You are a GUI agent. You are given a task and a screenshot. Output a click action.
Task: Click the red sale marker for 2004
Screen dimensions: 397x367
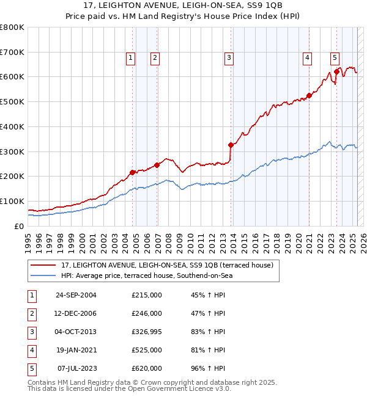click(133, 172)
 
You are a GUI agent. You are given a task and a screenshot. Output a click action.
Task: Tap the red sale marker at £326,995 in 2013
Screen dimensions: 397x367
click(231, 145)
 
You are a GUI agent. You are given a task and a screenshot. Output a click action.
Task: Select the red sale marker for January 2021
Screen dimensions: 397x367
click(310, 95)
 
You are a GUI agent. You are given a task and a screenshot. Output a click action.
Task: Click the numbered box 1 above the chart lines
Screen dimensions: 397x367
click(131, 58)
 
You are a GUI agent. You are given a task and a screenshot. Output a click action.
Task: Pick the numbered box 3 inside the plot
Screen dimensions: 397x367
click(229, 58)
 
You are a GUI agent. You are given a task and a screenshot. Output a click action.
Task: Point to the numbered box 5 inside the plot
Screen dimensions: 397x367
click(335, 58)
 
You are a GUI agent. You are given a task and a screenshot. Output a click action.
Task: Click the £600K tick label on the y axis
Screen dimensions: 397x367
click(12, 77)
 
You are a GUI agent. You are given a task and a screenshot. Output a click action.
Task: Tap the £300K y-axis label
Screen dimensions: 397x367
click(12, 151)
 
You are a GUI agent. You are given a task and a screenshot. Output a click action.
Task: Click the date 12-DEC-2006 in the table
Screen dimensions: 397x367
click(76, 313)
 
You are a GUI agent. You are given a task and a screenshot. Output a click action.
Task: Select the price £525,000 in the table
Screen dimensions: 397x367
click(147, 350)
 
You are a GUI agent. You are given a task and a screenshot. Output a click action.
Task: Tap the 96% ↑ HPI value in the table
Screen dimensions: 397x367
click(208, 368)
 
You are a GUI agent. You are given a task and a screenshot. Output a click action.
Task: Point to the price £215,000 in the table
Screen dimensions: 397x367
click(147, 295)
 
